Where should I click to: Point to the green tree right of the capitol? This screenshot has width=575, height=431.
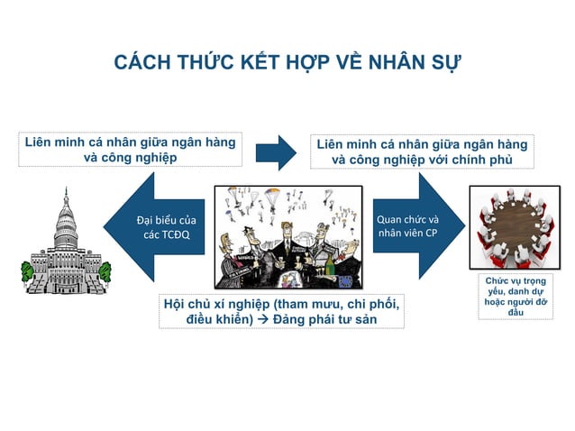pyautogui.click(x=105, y=269)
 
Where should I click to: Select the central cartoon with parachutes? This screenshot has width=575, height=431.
pyautogui.click(x=288, y=236)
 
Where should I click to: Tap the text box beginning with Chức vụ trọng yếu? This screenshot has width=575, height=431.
pyautogui.click(x=515, y=297)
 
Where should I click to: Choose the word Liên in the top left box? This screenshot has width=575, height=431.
pyautogui.click(x=39, y=142)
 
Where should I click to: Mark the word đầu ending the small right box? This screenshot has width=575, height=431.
pyautogui.click(x=515, y=313)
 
